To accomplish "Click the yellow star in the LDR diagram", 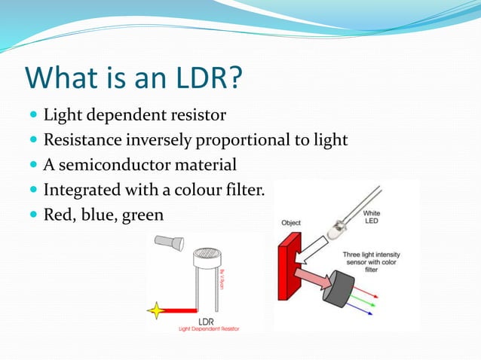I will click(158, 309).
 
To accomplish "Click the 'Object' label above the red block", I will click(291, 223).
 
